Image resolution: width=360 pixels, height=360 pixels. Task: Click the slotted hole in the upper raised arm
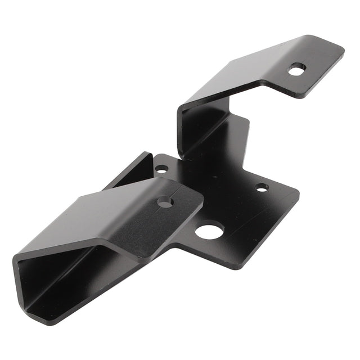[296, 70]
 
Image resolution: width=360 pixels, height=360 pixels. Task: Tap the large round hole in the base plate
[210, 230]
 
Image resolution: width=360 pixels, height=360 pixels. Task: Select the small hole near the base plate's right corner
[262, 187]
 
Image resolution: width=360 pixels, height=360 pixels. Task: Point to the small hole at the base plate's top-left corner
[161, 168]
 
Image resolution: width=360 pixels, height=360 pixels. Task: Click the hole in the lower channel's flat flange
[165, 201]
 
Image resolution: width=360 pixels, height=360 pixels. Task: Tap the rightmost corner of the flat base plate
[298, 193]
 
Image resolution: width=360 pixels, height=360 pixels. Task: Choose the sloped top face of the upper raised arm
[242, 67]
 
